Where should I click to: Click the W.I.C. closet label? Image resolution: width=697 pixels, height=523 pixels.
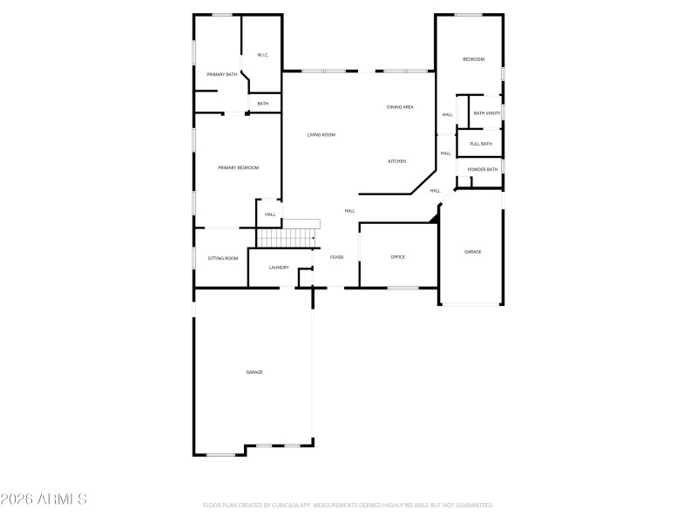[x=262, y=55]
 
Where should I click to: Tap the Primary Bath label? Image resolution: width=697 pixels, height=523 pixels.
[x=221, y=74]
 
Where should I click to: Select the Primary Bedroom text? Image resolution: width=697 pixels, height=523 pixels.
[x=238, y=167]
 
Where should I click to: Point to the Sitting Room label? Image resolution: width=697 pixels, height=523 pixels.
[x=223, y=258]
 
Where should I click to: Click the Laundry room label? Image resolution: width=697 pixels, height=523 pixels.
[x=279, y=268]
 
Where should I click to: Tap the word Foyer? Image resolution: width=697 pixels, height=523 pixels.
[x=336, y=257]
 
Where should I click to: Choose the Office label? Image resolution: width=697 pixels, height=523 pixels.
[x=398, y=257]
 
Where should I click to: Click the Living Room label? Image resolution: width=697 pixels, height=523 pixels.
[x=321, y=134]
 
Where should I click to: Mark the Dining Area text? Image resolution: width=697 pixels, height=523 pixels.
[x=400, y=106]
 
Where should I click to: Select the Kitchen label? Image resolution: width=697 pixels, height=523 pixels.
[x=397, y=161]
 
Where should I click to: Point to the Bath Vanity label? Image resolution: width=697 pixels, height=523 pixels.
[x=486, y=113]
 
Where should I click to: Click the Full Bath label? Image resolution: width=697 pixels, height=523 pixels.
[x=481, y=144]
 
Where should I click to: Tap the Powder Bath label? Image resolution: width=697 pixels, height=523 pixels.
[x=483, y=169]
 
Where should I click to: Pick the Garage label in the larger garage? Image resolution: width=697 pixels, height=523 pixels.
[x=254, y=372]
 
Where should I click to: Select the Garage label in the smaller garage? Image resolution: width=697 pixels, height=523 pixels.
[x=472, y=252]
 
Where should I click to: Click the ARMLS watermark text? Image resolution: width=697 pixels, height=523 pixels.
[x=44, y=499]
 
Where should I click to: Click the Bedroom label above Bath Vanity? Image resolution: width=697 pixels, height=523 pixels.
[x=473, y=59]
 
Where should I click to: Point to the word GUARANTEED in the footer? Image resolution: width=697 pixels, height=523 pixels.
[x=475, y=506]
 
